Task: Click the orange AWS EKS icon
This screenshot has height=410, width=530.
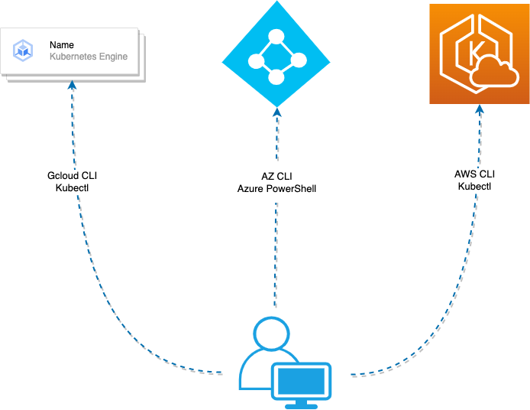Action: [478, 53]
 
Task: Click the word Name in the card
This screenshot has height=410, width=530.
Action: [62, 45]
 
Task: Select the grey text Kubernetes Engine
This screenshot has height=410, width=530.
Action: [89, 57]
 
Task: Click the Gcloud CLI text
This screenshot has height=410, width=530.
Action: [72, 176]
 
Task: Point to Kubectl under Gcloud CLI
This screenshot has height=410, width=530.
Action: [72, 187]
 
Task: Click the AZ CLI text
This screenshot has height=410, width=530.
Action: [276, 176]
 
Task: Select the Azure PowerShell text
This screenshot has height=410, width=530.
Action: [276, 188]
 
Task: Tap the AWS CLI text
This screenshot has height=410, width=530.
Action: [475, 174]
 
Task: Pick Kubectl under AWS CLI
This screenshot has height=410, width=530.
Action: [475, 186]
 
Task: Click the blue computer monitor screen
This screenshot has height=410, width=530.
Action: [302, 379]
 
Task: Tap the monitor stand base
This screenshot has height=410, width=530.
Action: [302, 405]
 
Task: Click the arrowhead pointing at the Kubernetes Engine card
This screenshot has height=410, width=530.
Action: [72, 86]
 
